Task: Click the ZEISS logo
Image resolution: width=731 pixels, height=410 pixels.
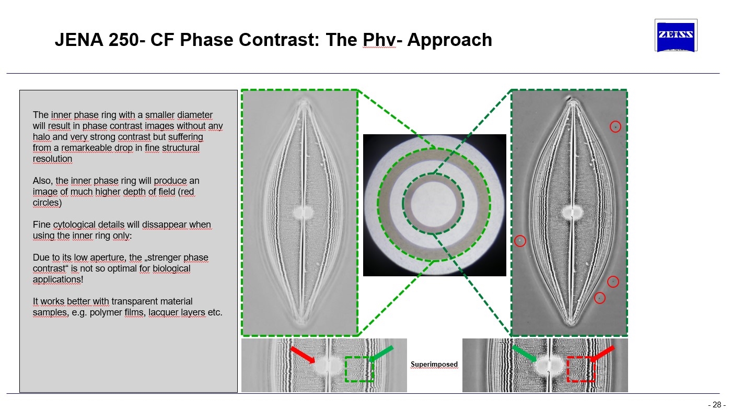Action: [x=676, y=35]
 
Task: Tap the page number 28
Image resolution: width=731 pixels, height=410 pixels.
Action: [x=717, y=404]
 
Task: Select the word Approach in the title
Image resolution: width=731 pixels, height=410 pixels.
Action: [x=449, y=40]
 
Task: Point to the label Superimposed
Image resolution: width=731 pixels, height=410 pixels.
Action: [x=434, y=365]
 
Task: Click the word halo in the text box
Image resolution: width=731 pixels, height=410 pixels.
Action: [x=42, y=137]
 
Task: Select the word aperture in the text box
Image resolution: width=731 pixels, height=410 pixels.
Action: [x=107, y=257]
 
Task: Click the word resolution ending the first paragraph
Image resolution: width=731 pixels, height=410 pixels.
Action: [x=52, y=159]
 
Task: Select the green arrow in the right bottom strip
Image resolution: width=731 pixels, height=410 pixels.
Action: [x=525, y=354]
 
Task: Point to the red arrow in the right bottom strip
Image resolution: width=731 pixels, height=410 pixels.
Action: [x=603, y=354]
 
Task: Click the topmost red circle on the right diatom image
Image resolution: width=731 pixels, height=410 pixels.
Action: [x=615, y=126]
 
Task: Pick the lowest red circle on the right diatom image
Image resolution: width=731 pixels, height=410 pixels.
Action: [x=599, y=298]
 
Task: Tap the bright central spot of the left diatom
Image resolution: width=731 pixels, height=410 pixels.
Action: [x=303, y=213]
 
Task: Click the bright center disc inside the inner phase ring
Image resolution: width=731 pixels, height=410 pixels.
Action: [x=433, y=203]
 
